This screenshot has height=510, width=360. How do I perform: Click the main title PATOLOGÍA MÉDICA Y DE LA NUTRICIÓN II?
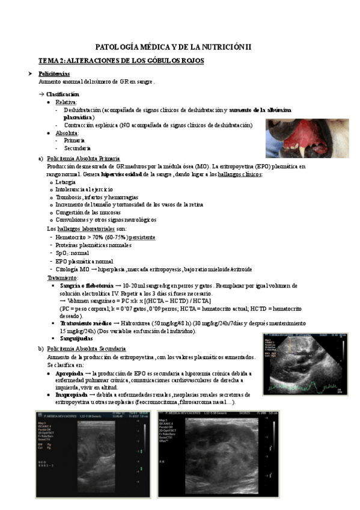point(175,47)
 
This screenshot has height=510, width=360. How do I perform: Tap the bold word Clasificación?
point(63,94)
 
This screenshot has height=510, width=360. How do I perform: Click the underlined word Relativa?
point(66,102)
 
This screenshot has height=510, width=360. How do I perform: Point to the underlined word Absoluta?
point(67,132)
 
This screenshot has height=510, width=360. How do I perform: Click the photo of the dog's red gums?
point(307,138)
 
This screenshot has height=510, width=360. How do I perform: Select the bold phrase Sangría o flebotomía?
point(87,285)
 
